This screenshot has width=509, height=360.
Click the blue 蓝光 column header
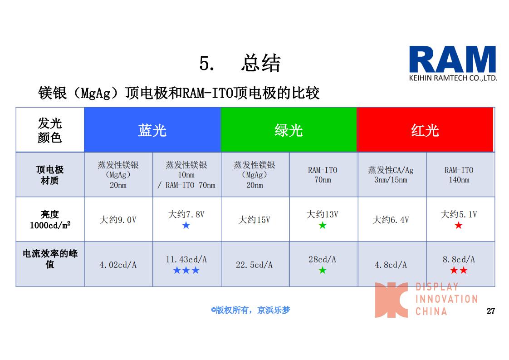[152, 130]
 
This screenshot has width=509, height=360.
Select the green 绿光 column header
[289, 130]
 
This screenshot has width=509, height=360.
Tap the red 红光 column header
[425, 130]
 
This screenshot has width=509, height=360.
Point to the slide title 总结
[261, 63]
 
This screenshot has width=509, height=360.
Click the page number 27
[491, 311]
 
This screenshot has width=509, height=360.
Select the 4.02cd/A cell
[118, 265]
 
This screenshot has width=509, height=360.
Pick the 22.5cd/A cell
[254, 265]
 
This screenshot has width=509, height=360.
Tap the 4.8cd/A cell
[391, 265]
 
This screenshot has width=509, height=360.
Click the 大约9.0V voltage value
[118, 220]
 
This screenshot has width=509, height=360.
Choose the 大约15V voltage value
[254, 220]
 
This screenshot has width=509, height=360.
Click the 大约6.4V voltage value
[391, 220]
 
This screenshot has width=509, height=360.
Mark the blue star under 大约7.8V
[186, 225]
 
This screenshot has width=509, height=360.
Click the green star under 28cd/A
[323, 270]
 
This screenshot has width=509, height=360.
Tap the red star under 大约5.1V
[459, 225]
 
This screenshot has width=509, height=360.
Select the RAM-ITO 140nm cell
[459, 175]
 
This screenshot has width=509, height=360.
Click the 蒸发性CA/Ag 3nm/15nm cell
[391, 175]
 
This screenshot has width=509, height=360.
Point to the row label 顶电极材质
[50, 175]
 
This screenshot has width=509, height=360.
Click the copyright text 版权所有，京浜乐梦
[250, 310]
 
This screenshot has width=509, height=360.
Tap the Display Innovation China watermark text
[446, 299]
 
